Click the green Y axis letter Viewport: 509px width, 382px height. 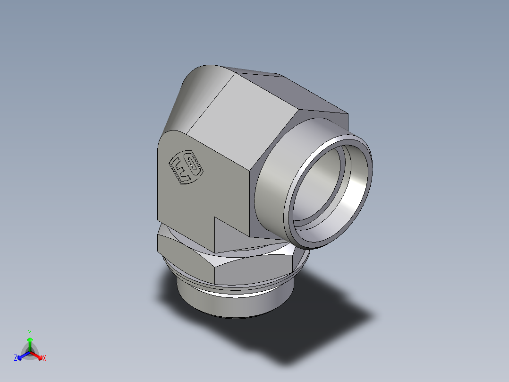(x=29, y=332)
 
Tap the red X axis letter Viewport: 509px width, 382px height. (x=44, y=358)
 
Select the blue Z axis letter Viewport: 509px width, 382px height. (x=16, y=358)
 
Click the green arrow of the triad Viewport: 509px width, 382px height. (x=30, y=341)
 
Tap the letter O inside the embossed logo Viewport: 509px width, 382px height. (x=192, y=165)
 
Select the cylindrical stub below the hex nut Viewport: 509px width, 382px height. (x=236, y=305)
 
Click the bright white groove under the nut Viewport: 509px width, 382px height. (x=236, y=292)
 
